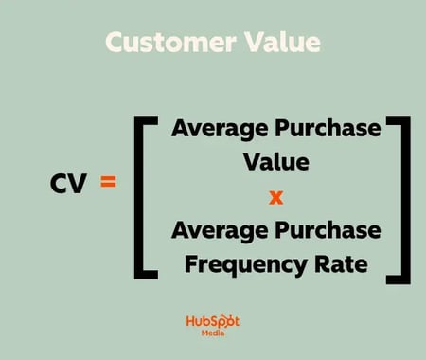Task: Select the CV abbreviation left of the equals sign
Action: [69, 185]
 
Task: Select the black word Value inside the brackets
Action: [276, 163]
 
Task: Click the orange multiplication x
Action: [276, 197]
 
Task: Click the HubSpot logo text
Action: [211, 322]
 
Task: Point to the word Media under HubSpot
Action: [211, 335]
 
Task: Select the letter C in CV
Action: [60, 185]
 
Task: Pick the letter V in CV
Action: [80, 185]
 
